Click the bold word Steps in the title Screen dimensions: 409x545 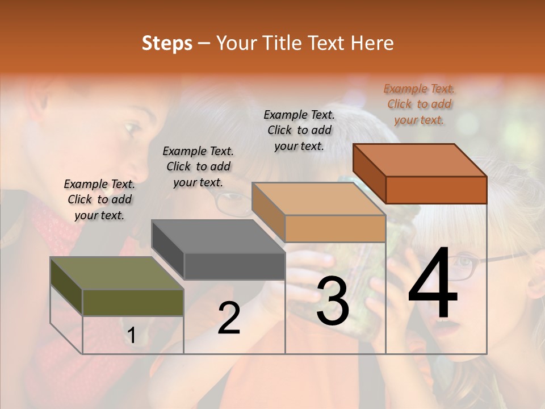(x=166, y=43)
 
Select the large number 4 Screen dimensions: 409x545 (x=433, y=283)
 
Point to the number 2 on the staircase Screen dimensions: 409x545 (x=229, y=318)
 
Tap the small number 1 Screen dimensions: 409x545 (x=132, y=336)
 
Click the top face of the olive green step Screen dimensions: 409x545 (x=117, y=273)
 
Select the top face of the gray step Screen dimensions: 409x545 (x=218, y=236)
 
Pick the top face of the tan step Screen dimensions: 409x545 (x=318, y=199)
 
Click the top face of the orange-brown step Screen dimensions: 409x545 (x=420, y=160)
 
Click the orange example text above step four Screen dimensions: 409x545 (x=419, y=104)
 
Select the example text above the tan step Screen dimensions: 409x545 (x=299, y=130)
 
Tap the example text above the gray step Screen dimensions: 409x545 (x=198, y=166)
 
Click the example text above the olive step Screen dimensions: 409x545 (x=99, y=199)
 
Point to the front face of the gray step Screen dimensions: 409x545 (x=234, y=266)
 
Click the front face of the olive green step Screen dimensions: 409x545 (x=133, y=302)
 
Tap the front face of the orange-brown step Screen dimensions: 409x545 (x=436, y=190)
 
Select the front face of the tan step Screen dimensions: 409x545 (x=335, y=228)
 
